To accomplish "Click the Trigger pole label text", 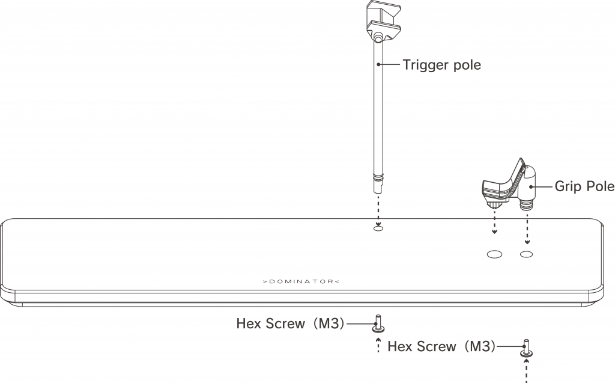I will [441, 64].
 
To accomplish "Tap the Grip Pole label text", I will [584, 186].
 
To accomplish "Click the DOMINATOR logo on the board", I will [300, 281].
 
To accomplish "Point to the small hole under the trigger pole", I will [378, 228].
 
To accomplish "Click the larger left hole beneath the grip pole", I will [494, 254].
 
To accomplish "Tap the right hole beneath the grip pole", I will [527, 254].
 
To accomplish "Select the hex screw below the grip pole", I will [527, 349].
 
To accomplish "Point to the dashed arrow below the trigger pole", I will [378, 207].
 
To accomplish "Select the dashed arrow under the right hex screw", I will [527, 369].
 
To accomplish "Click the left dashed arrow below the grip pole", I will [494, 222].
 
